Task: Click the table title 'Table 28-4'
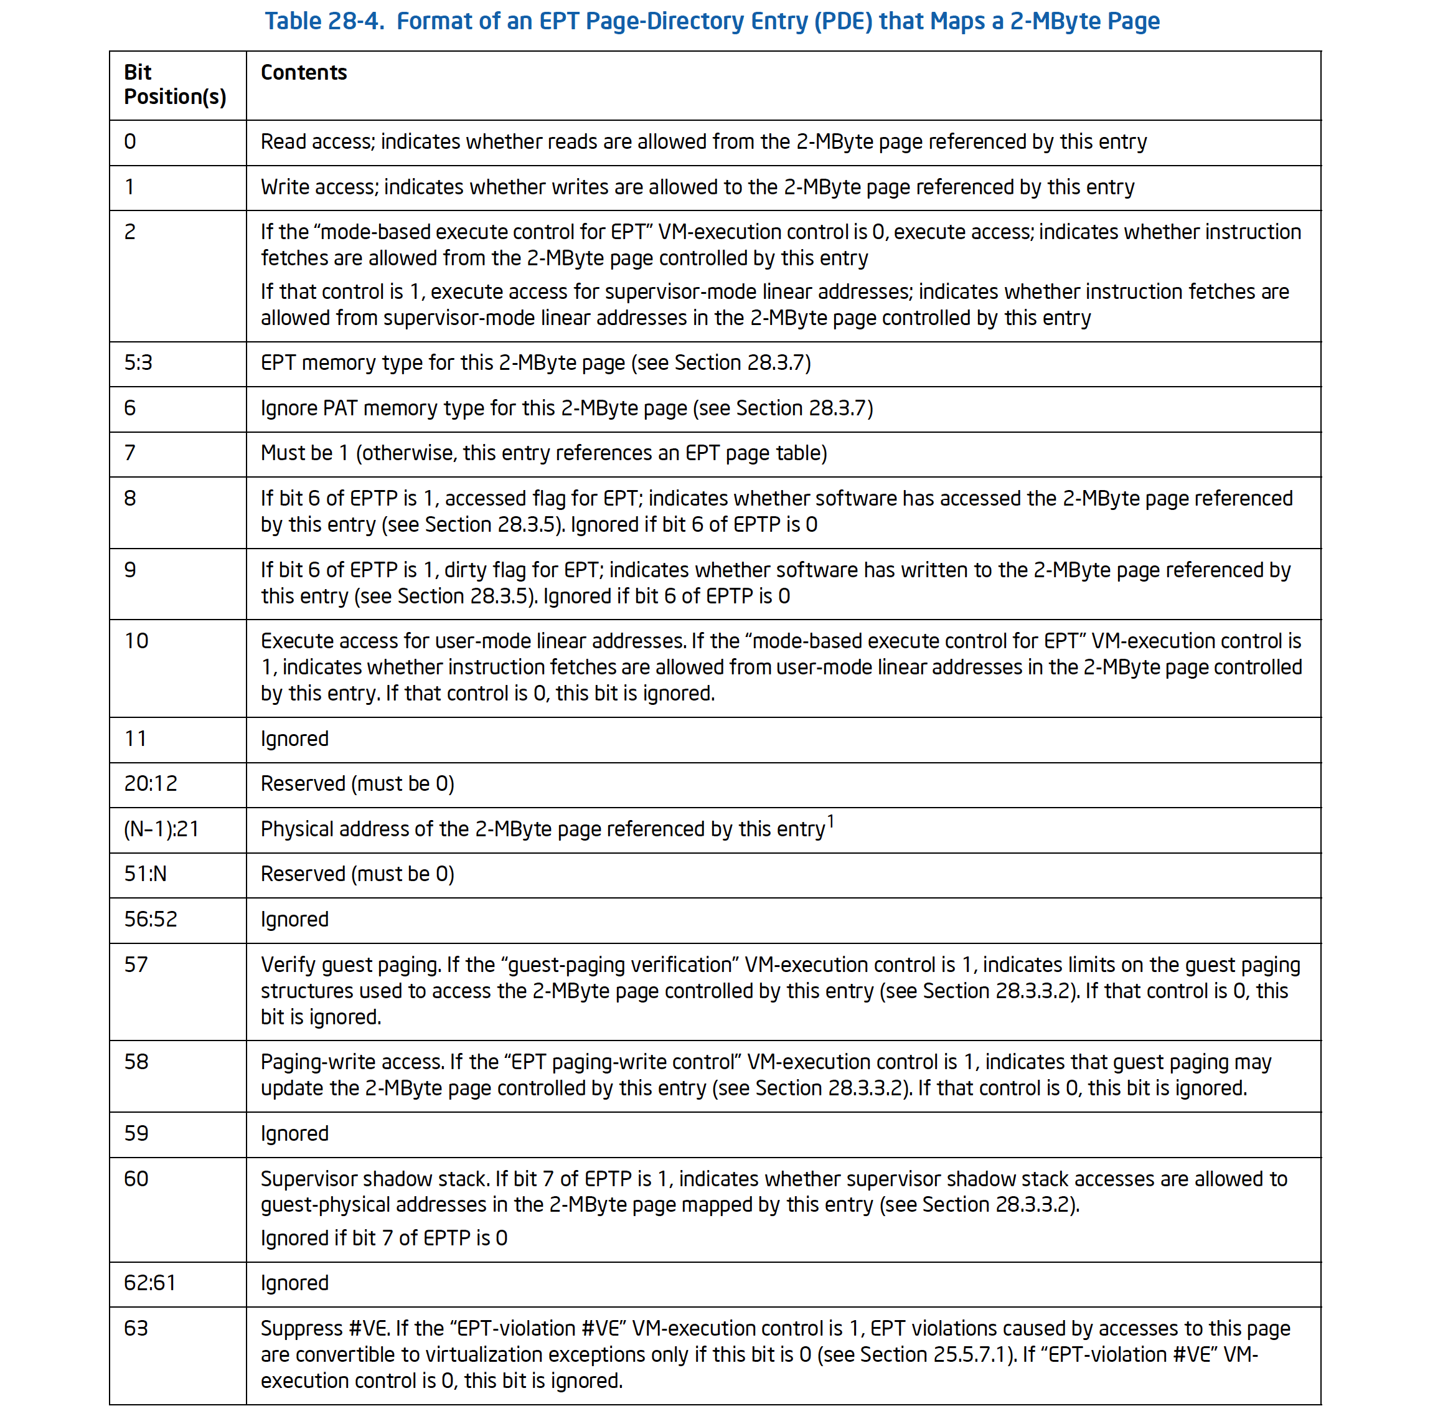(324, 21)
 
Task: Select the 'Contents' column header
(303, 73)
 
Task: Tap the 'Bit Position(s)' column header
(175, 85)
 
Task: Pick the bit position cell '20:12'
(151, 784)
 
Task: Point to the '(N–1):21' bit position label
(162, 829)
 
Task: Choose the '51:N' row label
(145, 874)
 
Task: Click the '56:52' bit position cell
(151, 920)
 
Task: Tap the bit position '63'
(136, 1329)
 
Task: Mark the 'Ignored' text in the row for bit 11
(294, 739)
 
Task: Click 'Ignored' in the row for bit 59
(294, 1134)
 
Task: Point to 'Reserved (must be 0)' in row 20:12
(357, 784)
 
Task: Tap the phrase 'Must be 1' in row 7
(304, 453)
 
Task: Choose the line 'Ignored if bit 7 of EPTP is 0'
(384, 1239)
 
